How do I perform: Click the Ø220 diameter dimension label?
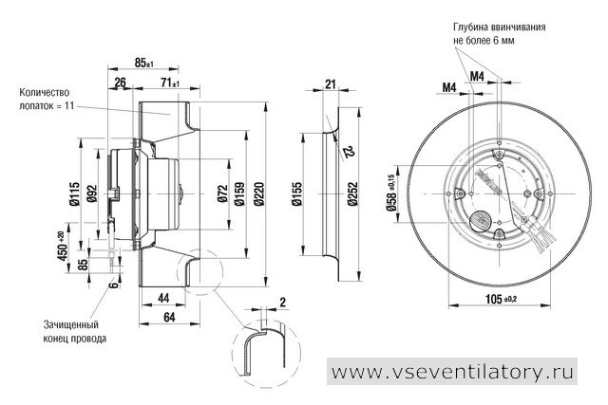click(258, 193)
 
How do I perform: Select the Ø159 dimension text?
click(239, 193)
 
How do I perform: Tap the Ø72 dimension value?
click(222, 193)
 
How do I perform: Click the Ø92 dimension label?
click(92, 193)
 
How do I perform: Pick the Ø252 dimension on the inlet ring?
click(352, 193)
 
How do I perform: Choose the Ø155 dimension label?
click(296, 193)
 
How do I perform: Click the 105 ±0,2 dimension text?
click(502, 299)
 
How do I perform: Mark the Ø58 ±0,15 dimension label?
click(390, 193)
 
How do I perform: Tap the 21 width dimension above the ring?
click(330, 83)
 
